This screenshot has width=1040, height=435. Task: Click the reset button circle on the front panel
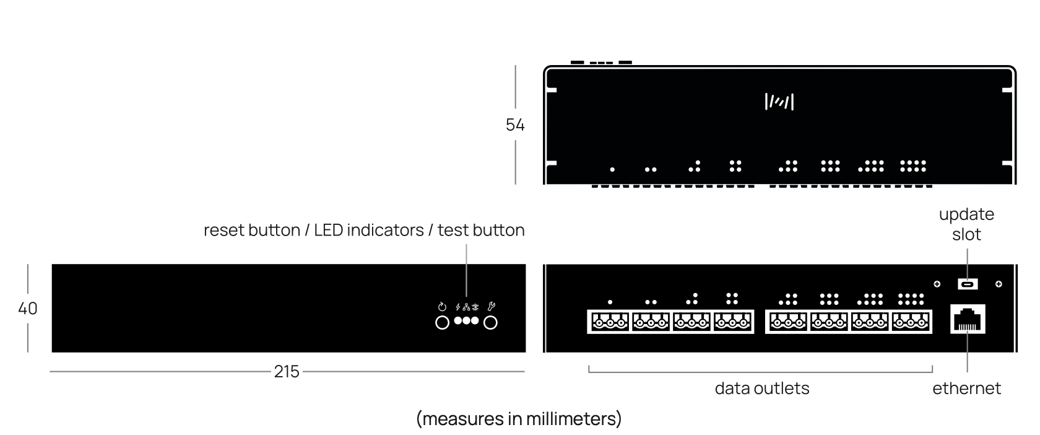point(442,323)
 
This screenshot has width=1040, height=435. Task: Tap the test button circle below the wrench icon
point(490,323)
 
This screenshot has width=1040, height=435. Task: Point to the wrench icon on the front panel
point(492,306)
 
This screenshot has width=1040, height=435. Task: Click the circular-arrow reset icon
point(442,307)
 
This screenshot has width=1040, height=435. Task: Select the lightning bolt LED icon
point(458,307)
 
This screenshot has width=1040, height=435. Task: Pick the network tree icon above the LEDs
point(466,307)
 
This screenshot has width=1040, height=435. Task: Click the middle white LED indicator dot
point(467,320)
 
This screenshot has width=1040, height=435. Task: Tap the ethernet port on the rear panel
point(968,320)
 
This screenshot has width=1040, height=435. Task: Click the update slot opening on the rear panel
point(968,284)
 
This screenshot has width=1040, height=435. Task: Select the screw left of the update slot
point(937,284)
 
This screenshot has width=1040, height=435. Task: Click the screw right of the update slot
point(999,284)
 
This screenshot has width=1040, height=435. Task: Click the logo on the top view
point(779,102)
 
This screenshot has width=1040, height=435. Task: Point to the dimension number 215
point(287,371)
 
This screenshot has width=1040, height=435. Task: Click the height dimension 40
point(28,308)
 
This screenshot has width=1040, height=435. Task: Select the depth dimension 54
point(515,125)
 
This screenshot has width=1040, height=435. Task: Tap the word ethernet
point(966,389)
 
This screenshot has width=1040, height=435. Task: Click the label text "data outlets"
point(762,389)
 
